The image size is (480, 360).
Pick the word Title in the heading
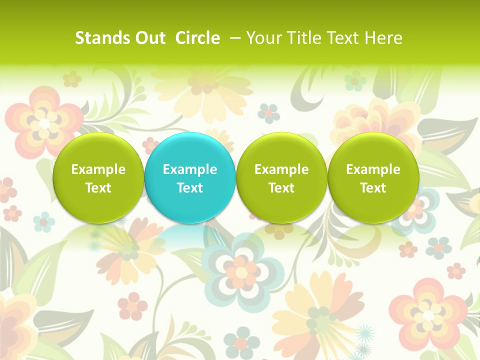pos(301,38)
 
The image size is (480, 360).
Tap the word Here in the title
pos(382,38)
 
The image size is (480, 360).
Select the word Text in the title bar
pos(342,38)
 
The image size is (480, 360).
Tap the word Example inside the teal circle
pos(190,169)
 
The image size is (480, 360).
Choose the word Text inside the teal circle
pos(190,188)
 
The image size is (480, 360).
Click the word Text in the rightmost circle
pos(373,188)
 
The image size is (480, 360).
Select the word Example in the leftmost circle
pos(98,169)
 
